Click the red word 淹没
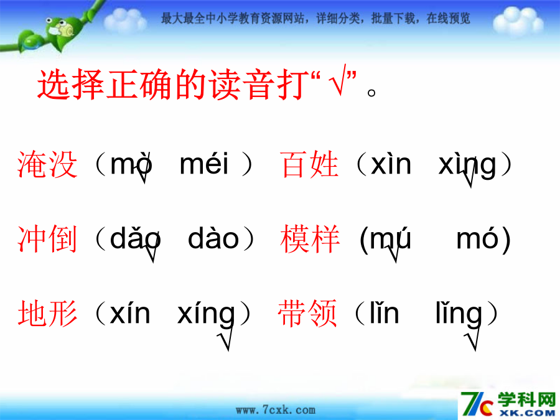tap(47, 164)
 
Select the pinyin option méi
tap(204, 164)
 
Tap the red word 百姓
tap(309, 164)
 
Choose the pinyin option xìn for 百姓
tap(391, 164)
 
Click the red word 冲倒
tap(47, 238)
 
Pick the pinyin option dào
tap(213, 238)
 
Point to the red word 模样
tap(310, 238)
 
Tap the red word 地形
tap(47, 313)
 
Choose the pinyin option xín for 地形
tap(130, 313)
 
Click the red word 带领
tap(307, 313)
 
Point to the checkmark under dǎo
tap(151, 252)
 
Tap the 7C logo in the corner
tap(476, 404)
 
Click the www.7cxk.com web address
tap(276, 410)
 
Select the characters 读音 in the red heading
tap(242, 84)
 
